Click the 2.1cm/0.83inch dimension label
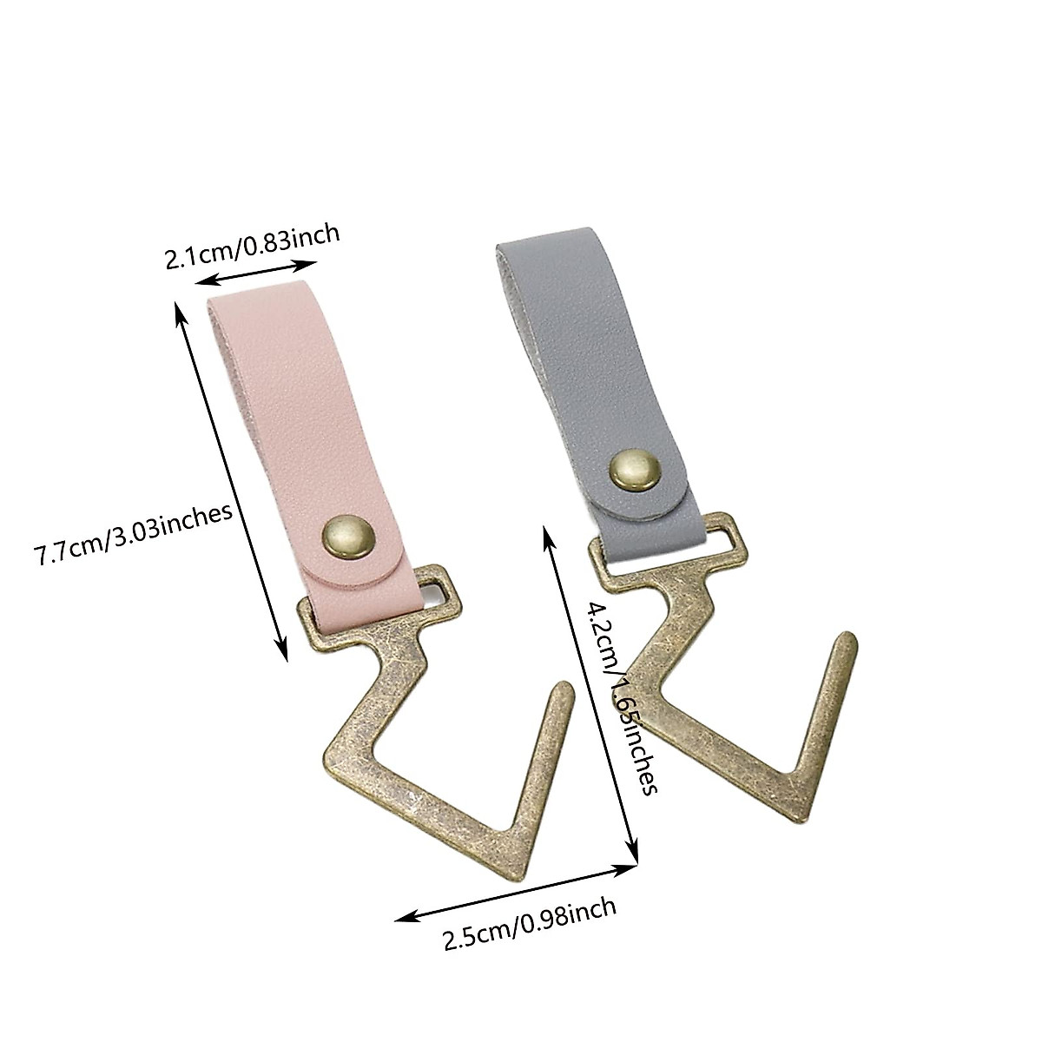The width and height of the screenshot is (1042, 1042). [252, 247]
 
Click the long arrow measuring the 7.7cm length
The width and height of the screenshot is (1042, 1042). [232, 482]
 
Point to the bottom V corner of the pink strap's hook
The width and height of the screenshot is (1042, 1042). [512, 868]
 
